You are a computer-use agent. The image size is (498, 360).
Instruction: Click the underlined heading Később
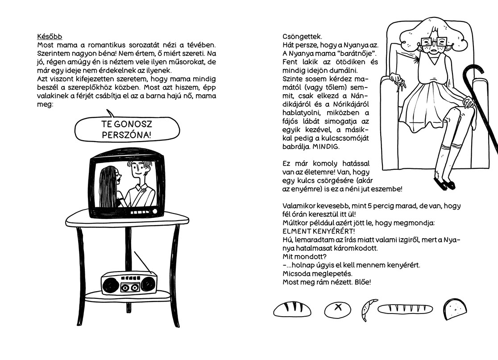click(49, 36)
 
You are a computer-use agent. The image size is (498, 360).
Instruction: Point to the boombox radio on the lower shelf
click(129, 282)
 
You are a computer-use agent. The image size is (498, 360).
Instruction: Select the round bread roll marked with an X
click(337, 309)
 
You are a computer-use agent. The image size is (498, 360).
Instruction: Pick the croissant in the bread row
click(369, 309)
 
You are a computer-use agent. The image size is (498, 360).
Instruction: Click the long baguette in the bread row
click(406, 309)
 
